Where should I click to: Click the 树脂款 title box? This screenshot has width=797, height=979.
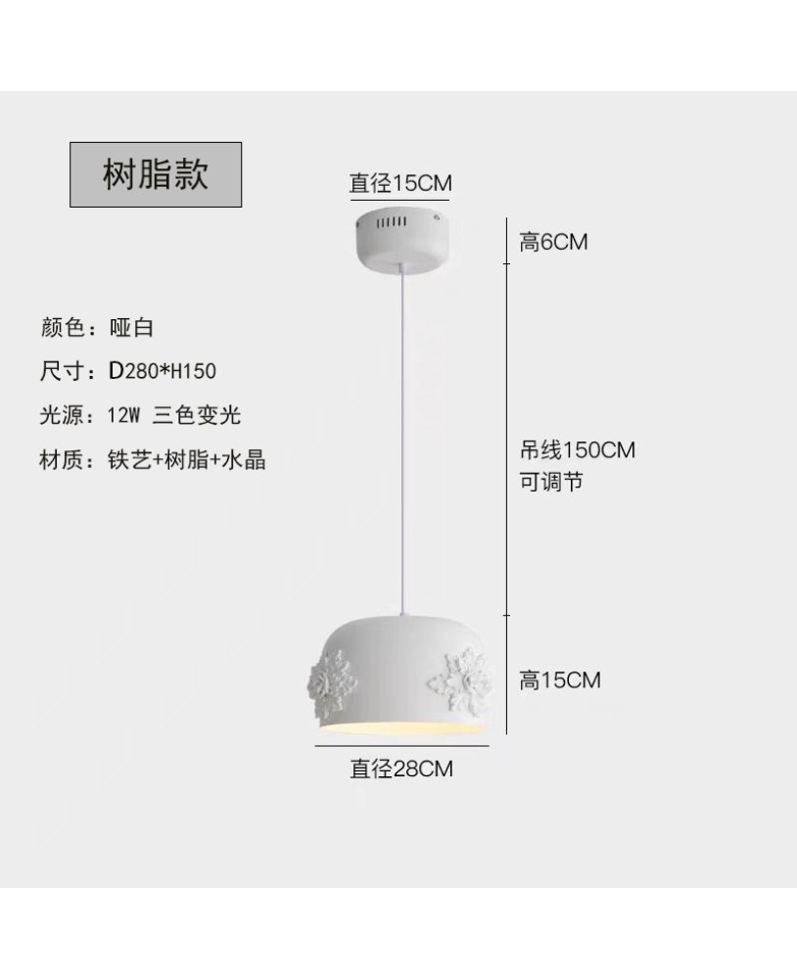156,174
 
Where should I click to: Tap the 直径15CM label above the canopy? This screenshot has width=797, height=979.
400,183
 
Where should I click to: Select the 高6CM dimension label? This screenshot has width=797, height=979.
553,242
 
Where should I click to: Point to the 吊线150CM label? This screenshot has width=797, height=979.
577,449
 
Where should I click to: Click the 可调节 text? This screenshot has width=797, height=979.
551,482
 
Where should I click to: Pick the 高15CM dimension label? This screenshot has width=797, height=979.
560,679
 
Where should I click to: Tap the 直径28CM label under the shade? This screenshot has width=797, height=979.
401,768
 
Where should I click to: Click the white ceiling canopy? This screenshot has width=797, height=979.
401,241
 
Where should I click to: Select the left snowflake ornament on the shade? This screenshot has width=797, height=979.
332,680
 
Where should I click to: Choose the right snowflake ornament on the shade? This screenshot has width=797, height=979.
460,680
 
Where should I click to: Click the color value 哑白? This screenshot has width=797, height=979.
131,327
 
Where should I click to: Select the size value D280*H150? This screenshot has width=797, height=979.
163,371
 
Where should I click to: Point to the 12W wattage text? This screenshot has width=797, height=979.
123,414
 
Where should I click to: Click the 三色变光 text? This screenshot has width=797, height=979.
196,414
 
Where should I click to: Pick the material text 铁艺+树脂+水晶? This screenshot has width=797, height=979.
187,459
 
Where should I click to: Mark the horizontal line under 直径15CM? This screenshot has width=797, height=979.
399,201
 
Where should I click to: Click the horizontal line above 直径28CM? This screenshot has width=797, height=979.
401,745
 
